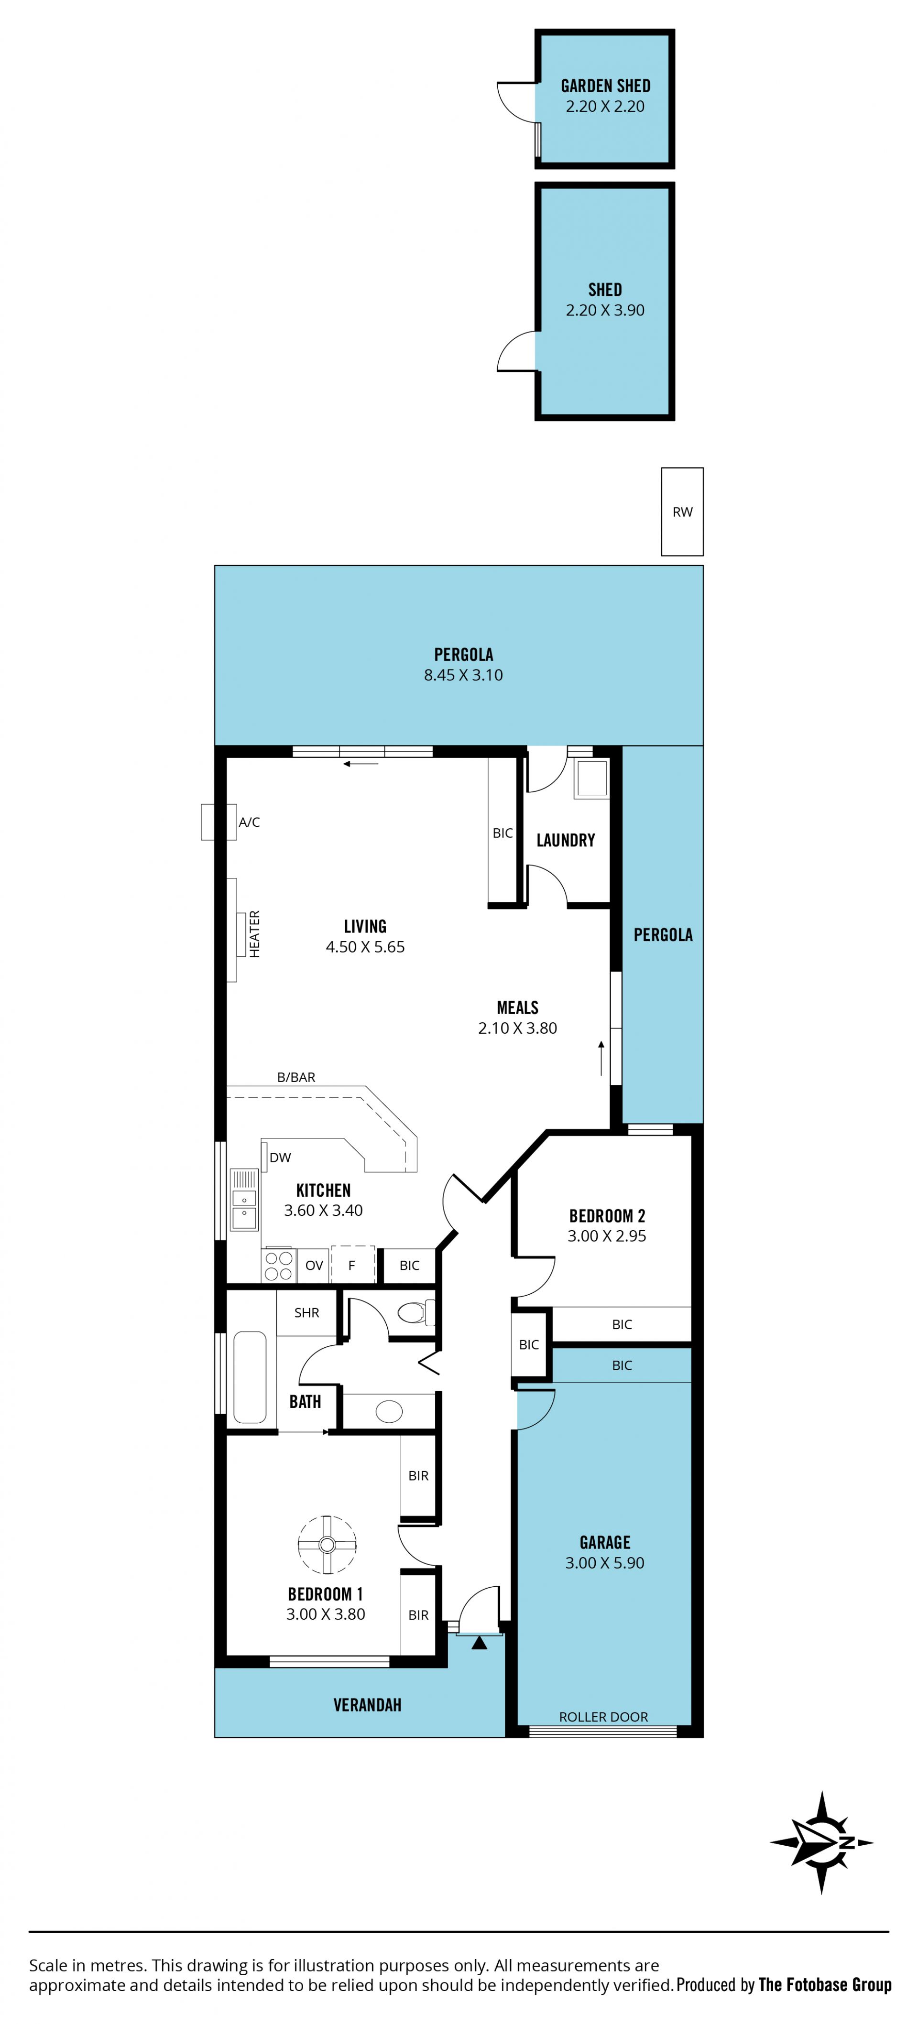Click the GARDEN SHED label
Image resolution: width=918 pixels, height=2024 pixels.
click(605, 86)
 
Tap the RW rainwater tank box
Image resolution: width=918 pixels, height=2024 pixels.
click(682, 511)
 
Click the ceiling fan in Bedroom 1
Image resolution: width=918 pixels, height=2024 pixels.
click(328, 1545)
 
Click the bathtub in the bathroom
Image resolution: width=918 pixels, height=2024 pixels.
click(250, 1376)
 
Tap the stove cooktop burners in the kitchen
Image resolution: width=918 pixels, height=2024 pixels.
click(278, 1265)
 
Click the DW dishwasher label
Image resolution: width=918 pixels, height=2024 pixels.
click(280, 1158)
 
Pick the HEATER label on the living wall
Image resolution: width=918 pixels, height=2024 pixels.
click(255, 933)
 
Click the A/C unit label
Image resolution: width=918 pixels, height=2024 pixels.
click(249, 822)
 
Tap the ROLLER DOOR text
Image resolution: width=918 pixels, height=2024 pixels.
click(603, 1717)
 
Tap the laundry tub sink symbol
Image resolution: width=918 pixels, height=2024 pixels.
click(591, 779)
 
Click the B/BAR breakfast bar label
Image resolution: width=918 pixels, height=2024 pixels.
click(296, 1077)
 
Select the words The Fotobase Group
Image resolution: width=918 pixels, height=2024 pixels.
click(824, 1985)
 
